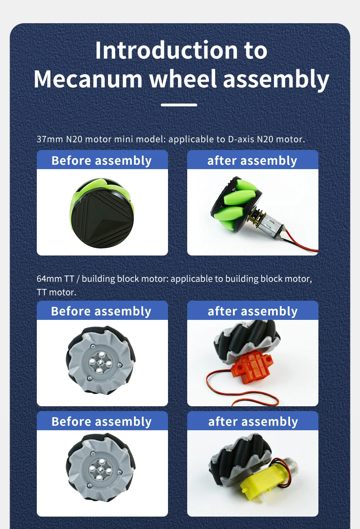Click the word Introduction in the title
click(166, 50)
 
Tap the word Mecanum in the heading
click(88, 79)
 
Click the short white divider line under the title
click(179, 105)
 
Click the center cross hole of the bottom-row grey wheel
click(100, 469)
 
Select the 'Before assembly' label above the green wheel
click(102, 161)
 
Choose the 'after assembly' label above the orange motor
click(252, 311)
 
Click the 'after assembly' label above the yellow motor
click(253, 422)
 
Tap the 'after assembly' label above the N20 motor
click(252, 161)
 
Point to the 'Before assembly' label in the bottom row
click(102, 422)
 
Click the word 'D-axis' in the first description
click(241, 139)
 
